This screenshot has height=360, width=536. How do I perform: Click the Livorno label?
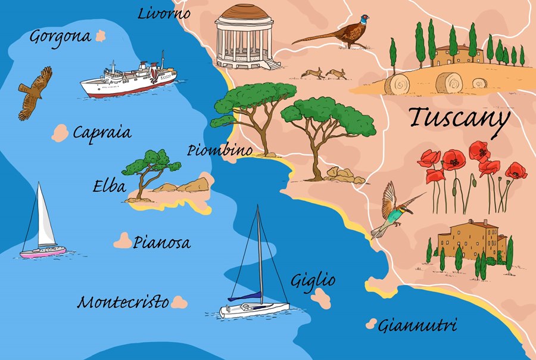click(x=164, y=13)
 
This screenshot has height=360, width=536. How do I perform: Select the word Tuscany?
click(x=459, y=118)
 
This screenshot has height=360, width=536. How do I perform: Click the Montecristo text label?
click(x=123, y=302)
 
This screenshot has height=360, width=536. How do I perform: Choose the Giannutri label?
click(x=418, y=325)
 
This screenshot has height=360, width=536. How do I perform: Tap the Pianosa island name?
click(x=161, y=243)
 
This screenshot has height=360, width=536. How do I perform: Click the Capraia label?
click(x=102, y=132)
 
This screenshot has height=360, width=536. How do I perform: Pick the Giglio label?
click(x=313, y=280)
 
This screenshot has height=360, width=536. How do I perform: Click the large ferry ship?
click(x=129, y=77)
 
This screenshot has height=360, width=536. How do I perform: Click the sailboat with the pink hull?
click(x=42, y=226)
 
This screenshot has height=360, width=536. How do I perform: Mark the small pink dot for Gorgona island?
click(x=100, y=36)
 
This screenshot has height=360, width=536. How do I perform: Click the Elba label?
click(x=109, y=187)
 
